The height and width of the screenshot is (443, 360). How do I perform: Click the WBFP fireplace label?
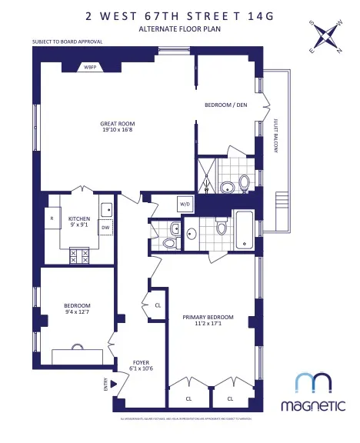tap(90, 68)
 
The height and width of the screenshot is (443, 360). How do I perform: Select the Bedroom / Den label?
tap(226, 105)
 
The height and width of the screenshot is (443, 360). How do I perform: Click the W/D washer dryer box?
tap(185, 204)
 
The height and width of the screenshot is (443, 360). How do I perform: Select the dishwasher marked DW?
tap(105, 228)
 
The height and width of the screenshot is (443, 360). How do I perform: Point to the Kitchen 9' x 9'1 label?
tap(79, 222)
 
